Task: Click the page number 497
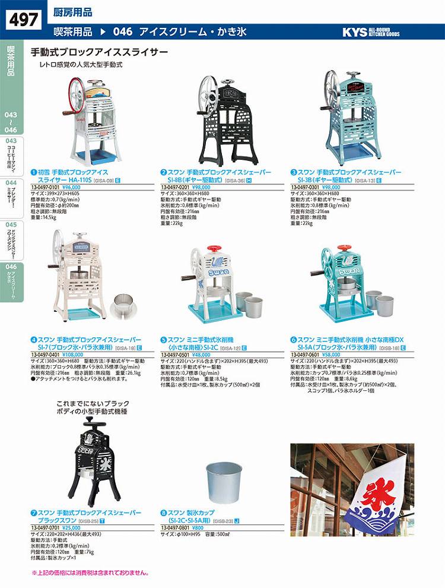click(24, 19)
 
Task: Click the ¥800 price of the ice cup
click(198, 526)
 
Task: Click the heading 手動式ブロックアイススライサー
click(99, 52)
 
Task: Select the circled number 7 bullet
click(33, 513)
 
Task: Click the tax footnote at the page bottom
click(90, 573)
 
